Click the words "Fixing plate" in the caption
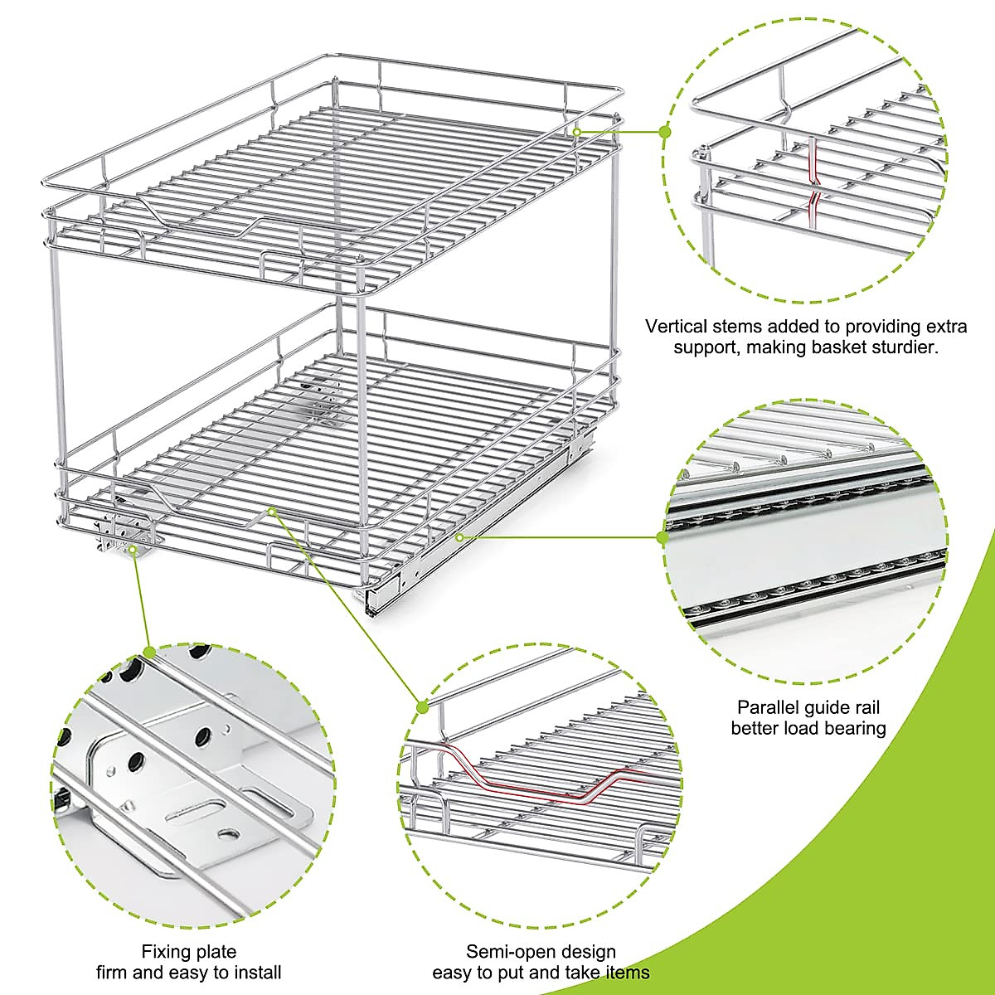[189, 951]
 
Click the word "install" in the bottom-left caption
[252, 972]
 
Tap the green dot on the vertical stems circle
[664, 131]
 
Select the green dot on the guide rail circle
[663, 537]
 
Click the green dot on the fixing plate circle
[149, 652]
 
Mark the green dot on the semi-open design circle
[422, 706]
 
